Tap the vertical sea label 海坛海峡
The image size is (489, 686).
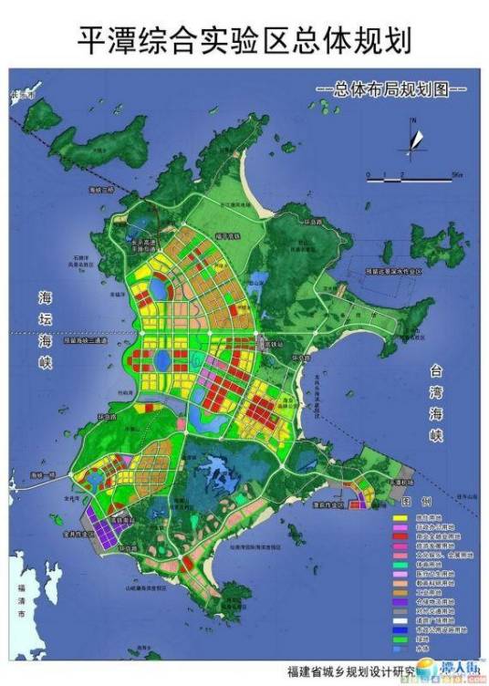tap(47, 334)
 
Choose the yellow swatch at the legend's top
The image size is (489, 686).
tap(399, 517)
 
